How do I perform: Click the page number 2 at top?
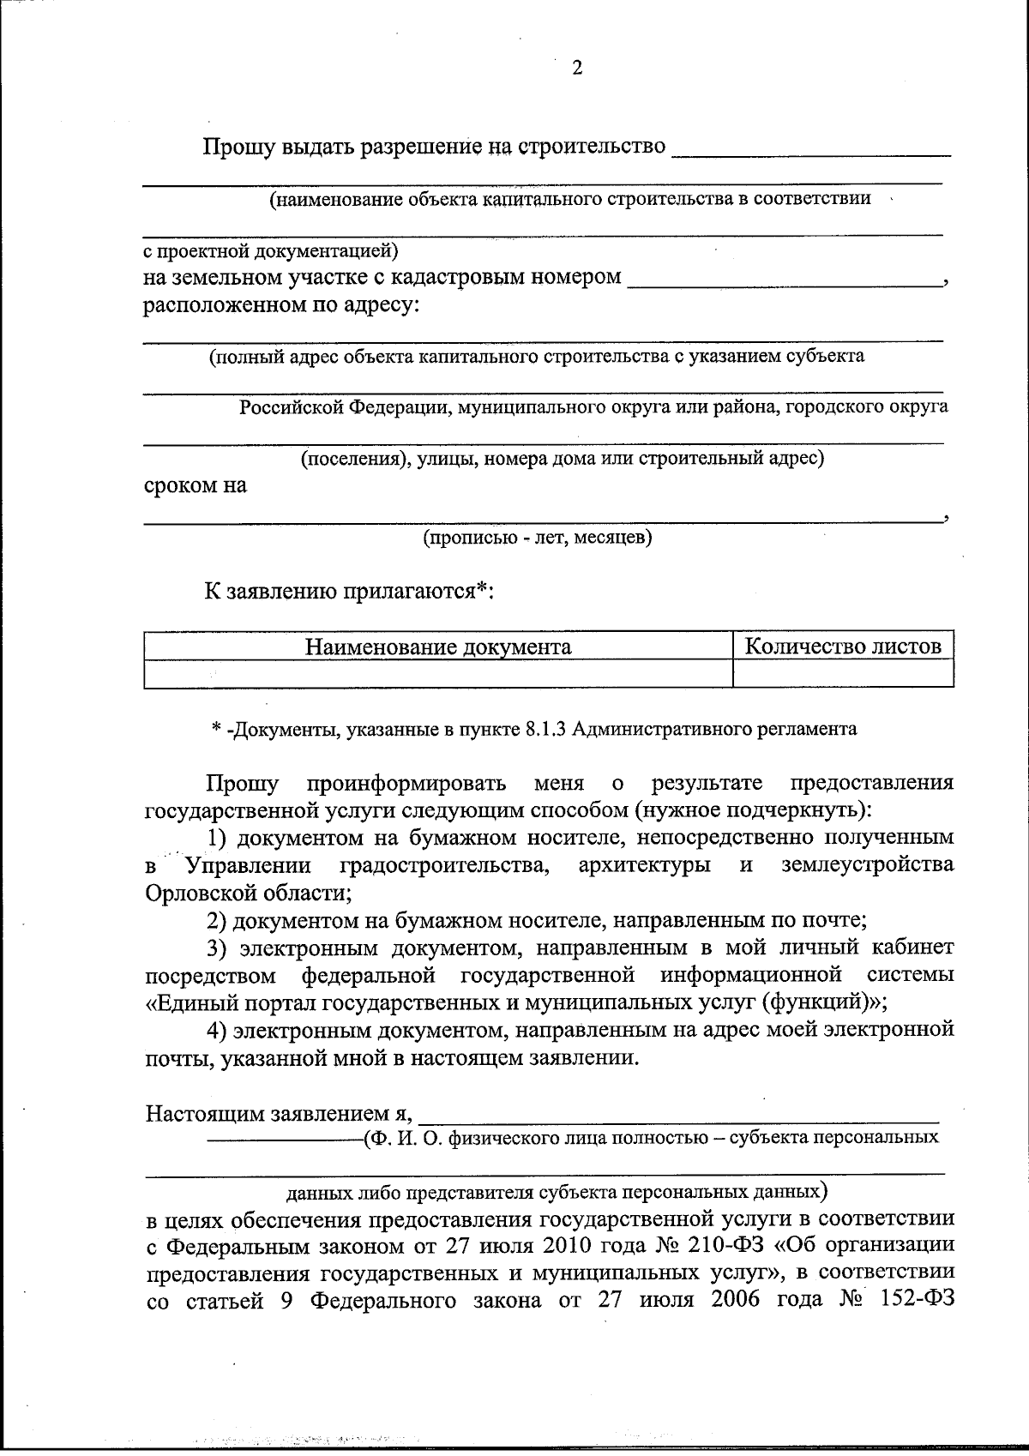click(x=576, y=69)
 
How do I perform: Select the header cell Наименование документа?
click(x=438, y=647)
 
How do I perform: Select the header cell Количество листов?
click(x=843, y=646)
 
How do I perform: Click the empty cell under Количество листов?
click(x=843, y=674)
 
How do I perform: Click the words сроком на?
click(x=196, y=485)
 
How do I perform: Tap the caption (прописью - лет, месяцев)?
click(x=537, y=538)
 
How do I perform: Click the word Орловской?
click(x=197, y=893)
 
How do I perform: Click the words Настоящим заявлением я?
click(x=280, y=1114)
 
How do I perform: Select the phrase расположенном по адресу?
click(x=282, y=305)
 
